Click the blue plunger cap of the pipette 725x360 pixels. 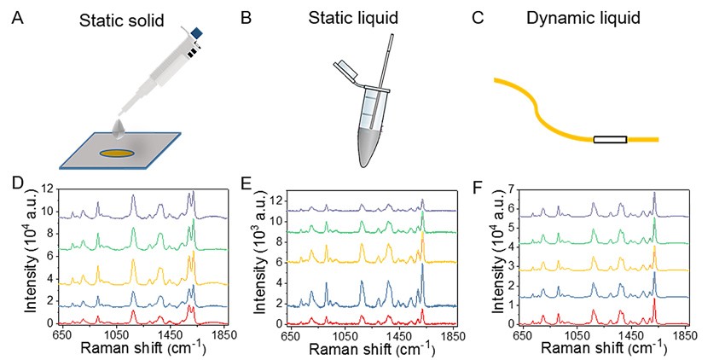coord(197,32)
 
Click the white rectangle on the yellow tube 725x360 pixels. coord(610,139)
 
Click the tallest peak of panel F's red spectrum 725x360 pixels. coord(654,299)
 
